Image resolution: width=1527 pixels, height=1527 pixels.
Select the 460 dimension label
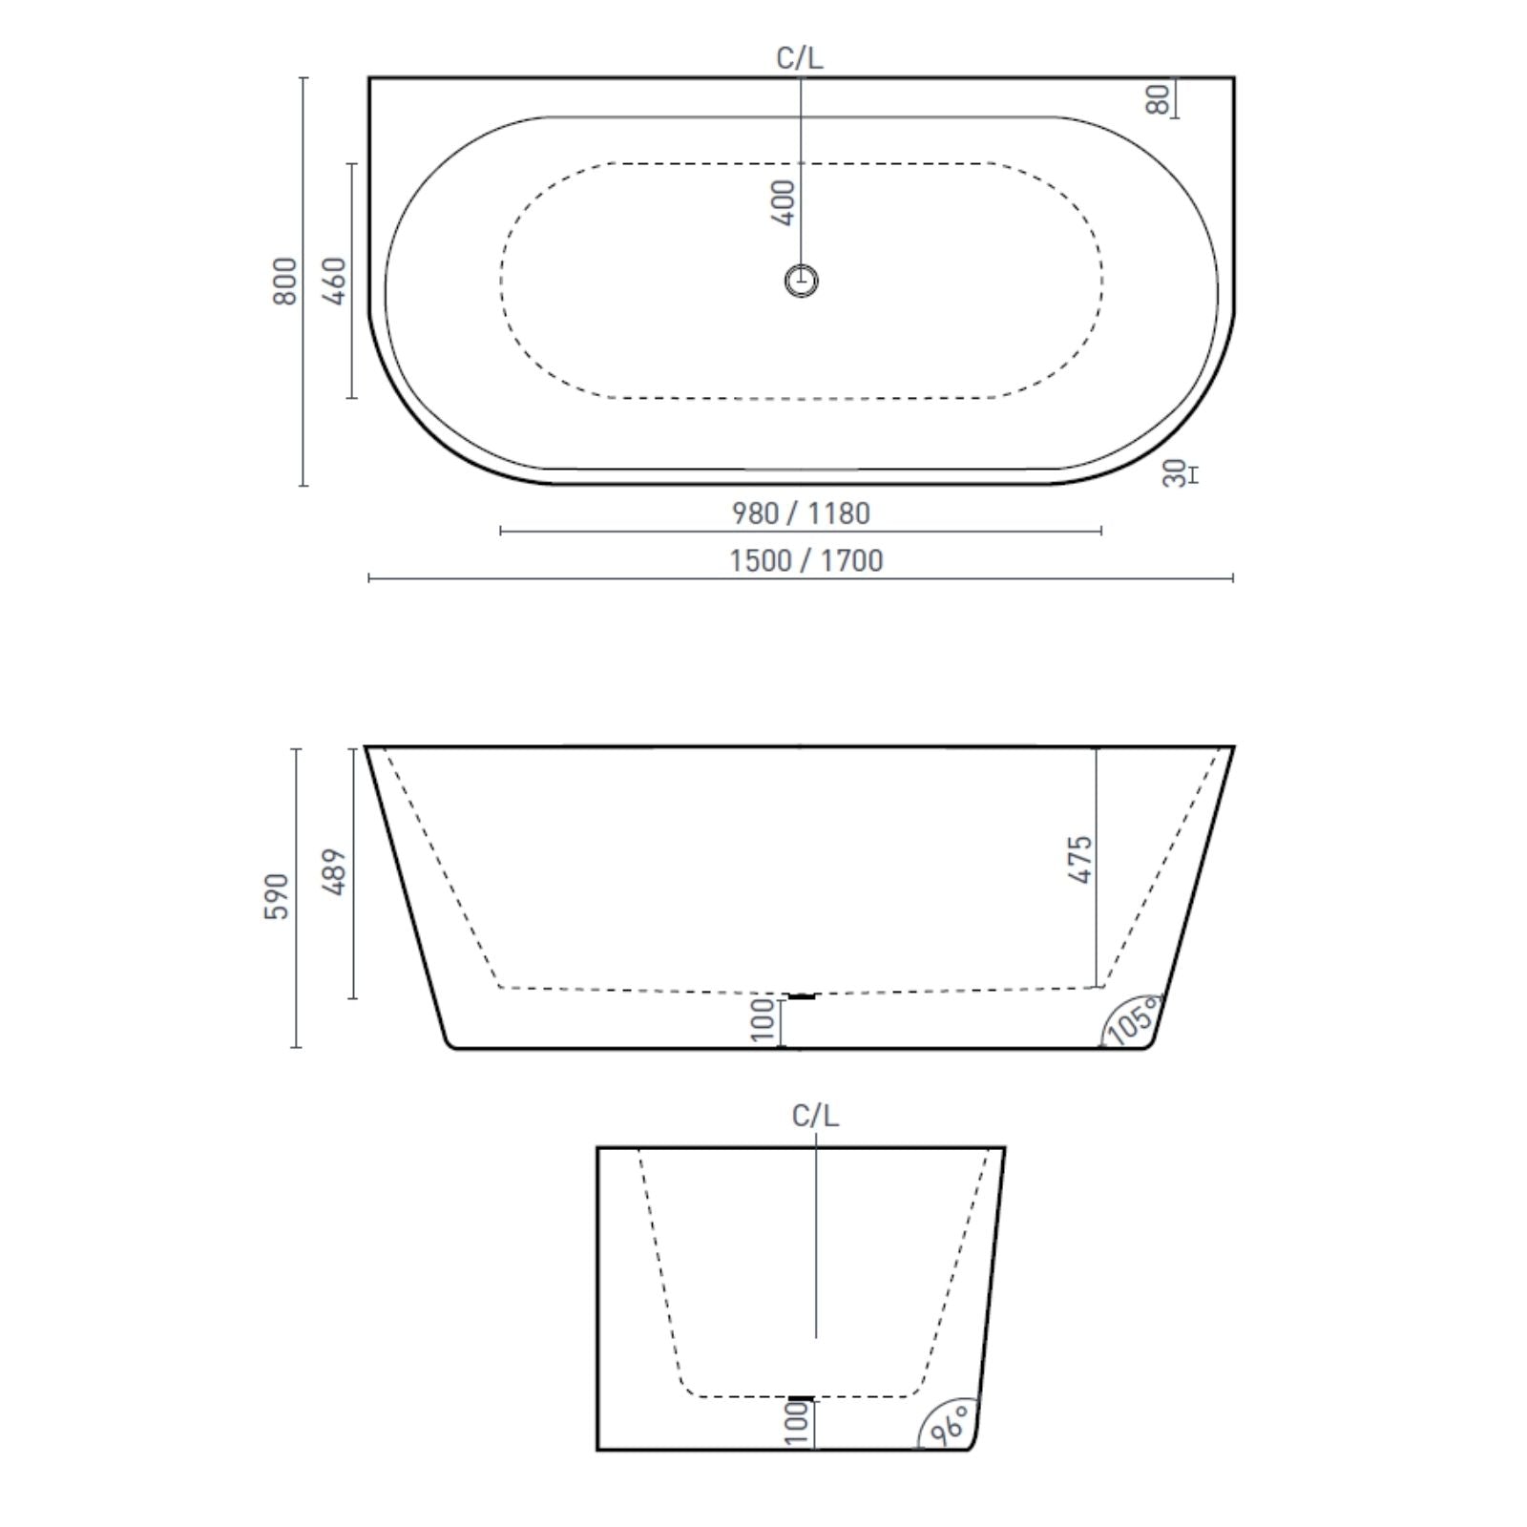tap(335, 281)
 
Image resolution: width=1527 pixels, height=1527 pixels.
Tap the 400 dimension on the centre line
tap(784, 202)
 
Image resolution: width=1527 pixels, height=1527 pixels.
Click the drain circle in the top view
tap(802, 281)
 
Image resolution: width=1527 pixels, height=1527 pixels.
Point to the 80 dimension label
tap(1158, 98)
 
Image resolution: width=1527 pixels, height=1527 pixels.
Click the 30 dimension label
tap(1176, 473)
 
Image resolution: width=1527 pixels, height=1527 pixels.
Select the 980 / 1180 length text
tap(801, 513)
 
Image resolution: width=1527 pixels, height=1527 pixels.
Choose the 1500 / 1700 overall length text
tap(806, 560)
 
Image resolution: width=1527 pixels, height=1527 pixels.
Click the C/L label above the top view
tap(800, 58)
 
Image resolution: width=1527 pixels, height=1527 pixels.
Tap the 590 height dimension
tap(277, 896)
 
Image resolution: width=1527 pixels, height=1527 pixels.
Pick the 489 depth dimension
tap(335, 871)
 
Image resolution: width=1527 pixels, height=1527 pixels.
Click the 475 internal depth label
tap(1079, 859)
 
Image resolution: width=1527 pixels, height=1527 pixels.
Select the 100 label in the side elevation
tap(763, 1020)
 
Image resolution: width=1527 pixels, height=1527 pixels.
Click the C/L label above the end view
tap(815, 1116)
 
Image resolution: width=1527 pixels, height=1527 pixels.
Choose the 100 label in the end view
tap(797, 1423)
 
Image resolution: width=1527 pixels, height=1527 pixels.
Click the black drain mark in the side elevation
tap(802, 996)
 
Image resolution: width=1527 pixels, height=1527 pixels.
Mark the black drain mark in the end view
tap(802, 1399)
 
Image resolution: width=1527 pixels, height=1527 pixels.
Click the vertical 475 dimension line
tap(1097, 916)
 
